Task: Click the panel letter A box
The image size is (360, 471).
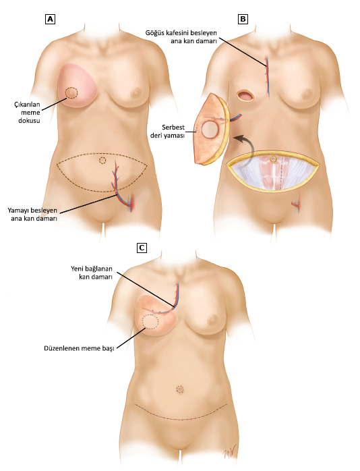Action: pyautogui.click(x=50, y=20)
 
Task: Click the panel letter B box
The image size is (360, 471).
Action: pyautogui.click(x=243, y=20)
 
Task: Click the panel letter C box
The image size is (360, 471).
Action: pyautogui.click(x=142, y=248)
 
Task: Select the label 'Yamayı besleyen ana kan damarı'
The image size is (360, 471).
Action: pyautogui.click(x=32, y=215)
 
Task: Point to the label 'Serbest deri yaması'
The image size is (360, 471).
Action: pyautogui.click(x=167, y=132)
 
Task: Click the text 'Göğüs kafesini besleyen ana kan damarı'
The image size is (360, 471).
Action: pyautogui.click(x=181, y=36)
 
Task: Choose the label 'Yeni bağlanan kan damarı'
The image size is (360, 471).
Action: pyautogui.click(x=92, y=273)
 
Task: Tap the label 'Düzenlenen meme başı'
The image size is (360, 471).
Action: pyautogui.click(x=79, y=349)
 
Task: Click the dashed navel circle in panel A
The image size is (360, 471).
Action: pyautogui.click(x=102, y=161)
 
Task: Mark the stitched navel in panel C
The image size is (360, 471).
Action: pyautogui.click(x=180, y=389)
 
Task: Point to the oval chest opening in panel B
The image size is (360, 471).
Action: pyautogui.click(x=245, y=96)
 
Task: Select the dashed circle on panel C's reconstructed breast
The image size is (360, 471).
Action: pyautogui.click(x=150, y=323)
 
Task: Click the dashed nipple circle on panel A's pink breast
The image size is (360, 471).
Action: pyautogui.click(x=71, y=92)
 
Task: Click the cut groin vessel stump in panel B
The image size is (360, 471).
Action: pyautogui.click(x=296, y=204)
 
